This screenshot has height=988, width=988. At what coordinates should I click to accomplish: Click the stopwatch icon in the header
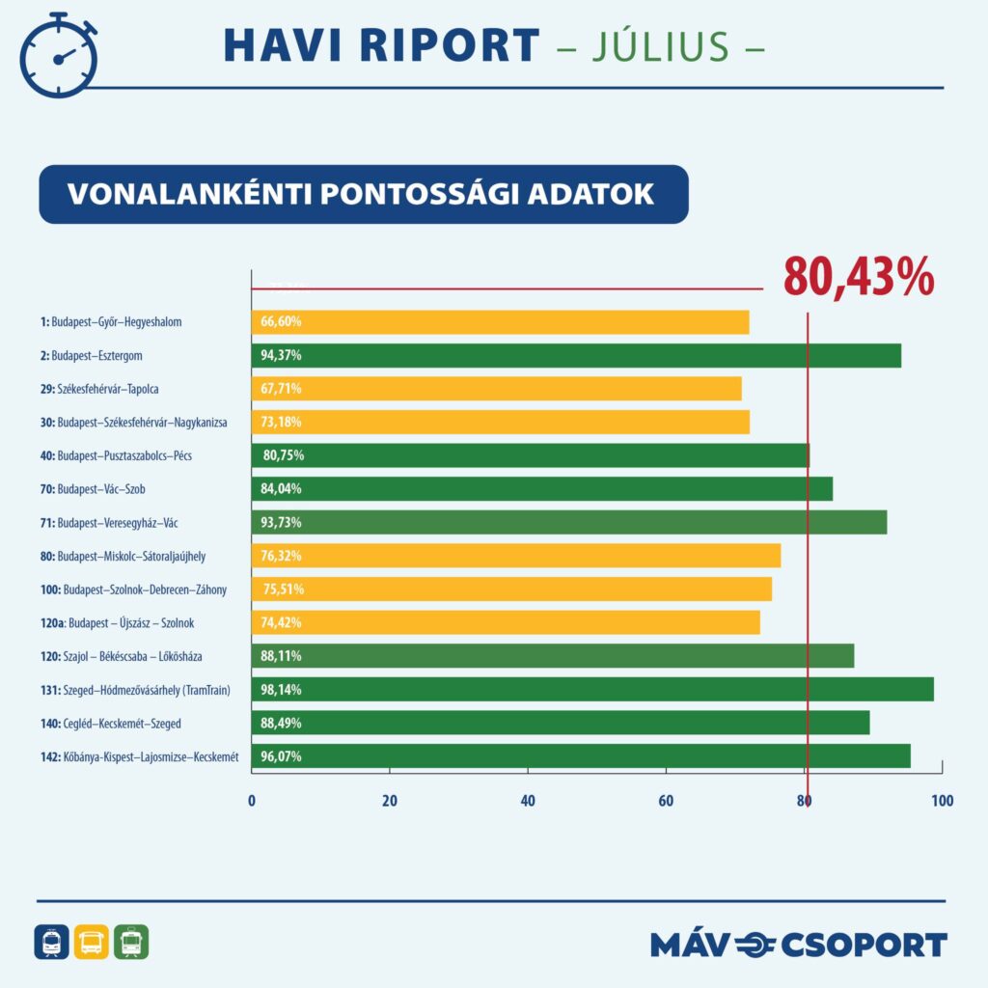pyautogui.click(x=59, y=56)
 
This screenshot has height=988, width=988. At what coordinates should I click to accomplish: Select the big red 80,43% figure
pyautogui.click(x=858, y=277)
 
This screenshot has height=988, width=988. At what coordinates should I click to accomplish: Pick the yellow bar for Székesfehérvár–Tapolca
pyautogui.click(x=496, y=389)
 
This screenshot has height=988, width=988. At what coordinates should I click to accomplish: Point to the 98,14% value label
pyautogui.click(x=281, y=690)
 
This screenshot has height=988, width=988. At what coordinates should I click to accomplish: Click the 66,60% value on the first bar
pyautogui.click(x=281, y=322)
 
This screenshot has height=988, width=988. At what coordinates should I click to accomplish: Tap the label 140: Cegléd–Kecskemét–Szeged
pyautogui.click(x=118, y=724)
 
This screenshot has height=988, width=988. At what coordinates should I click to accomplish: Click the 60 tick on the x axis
pyautogui.click(x=666, y=801)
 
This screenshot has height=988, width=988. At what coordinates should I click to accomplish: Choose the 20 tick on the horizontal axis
pyautogui.click(x=390, y=801)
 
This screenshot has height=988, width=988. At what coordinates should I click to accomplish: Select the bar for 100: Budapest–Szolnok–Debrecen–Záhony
pyautogui.click(x=511, y=590)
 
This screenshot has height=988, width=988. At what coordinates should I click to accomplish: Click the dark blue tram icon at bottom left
pyautogui.click(x=51, y=942)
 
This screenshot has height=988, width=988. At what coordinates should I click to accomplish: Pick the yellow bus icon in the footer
pyautogui.click(x=92, y=942)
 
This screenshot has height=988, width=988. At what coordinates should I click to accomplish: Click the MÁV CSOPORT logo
pyautogui.click(x=799, y=944)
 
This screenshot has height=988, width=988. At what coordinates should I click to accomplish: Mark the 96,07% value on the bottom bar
pyautogui.click(x=281, y=756)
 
